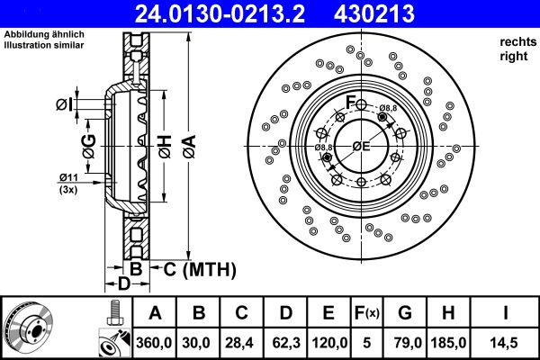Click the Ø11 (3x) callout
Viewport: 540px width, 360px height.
pos(69,183)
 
